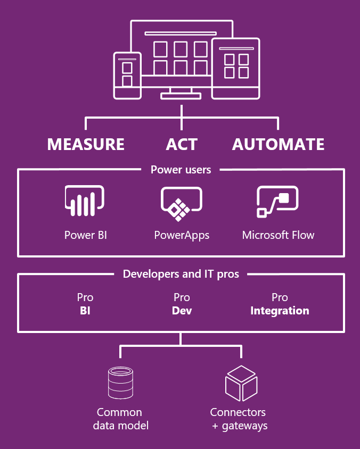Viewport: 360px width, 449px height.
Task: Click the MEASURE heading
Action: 86,144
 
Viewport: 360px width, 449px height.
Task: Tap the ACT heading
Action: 182,144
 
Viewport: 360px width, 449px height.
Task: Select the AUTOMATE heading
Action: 278,144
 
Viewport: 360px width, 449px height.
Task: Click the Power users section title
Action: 181,170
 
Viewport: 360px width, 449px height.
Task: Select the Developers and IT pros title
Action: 181,274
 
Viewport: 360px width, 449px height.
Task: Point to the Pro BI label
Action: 85,304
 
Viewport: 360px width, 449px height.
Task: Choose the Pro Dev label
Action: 182,304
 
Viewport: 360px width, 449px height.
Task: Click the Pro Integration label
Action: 280,304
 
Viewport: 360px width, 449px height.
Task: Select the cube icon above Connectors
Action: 241,383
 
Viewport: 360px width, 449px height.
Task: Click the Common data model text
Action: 120,419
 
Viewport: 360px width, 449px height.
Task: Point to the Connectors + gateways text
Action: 238,419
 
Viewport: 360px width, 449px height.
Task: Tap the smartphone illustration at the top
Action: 127,75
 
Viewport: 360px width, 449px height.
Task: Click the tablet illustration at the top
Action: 236,68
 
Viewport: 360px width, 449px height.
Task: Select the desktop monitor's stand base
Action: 181,96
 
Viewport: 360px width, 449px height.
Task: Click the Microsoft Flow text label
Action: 278,235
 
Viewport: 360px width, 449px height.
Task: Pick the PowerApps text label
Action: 182,235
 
